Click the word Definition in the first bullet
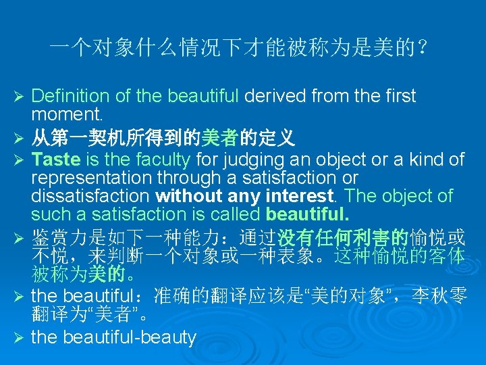click(x=65, y=97)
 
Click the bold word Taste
click(x=55, y=160)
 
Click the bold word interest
click(x=303, y=196)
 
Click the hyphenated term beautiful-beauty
click(x=113, y=337)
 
